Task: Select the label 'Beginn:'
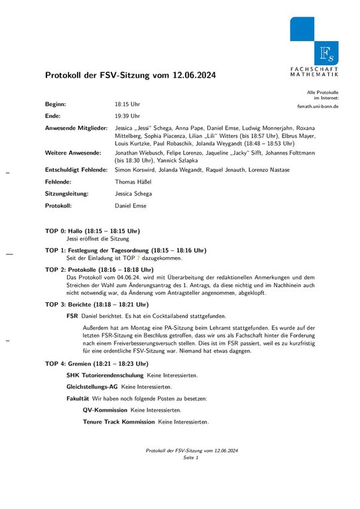(x=55, y=104)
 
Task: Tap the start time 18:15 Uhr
(x=127, y=104)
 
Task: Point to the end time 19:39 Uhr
(x=127, y=115)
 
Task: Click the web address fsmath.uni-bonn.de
(x=318, y=106)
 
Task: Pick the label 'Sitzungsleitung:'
(x=66, y=194)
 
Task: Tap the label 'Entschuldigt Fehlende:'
(x=76, y=170)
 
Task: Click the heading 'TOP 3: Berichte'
(x=73, y=304)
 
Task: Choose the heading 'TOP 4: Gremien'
(x=73, y=364)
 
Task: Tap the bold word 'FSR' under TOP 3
(x=72, y=317)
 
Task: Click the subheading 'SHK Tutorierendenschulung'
(x=105, y=375)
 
